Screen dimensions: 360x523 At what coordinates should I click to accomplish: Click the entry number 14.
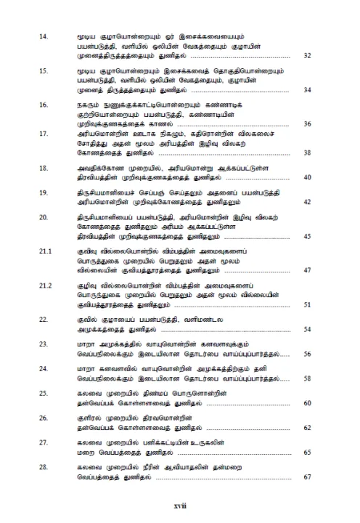coord(43,35)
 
